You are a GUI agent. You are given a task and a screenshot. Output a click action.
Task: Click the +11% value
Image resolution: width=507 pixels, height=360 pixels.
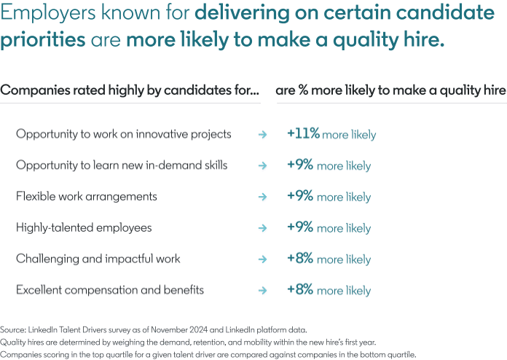pos(303,134)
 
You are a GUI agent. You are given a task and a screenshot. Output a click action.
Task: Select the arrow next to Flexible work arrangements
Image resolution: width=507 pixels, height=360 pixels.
pos(262,197)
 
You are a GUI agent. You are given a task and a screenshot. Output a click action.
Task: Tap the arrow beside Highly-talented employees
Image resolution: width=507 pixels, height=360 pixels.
pos(262,228)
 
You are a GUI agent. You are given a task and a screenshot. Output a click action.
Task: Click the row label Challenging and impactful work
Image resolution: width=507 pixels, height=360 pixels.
pos(98,259)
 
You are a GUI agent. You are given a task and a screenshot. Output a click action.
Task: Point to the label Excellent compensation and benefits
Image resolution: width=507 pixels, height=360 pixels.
pos(109,290)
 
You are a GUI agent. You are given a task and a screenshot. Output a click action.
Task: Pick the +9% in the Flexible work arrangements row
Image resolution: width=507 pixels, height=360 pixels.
pos(300,197)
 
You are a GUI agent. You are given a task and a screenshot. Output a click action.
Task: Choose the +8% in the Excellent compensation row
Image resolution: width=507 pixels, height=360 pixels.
pos(300,290)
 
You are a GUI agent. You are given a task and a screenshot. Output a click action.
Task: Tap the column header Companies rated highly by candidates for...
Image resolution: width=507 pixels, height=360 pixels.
pos(130,90)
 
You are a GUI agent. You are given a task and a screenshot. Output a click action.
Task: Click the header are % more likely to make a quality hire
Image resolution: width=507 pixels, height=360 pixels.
pos(390,90)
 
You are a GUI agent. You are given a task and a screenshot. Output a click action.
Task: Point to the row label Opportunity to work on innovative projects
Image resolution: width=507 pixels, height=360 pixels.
pos(123,134)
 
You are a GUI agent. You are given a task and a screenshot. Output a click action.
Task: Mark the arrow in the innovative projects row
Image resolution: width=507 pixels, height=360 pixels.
pos(262,134)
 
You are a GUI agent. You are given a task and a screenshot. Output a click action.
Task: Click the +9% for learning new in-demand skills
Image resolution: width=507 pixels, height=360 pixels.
pos(300,165)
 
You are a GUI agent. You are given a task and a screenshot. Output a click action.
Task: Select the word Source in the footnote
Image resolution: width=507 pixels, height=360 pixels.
pos(13,329)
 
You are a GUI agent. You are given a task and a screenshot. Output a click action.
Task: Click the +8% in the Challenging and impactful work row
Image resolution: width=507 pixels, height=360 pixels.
pos(300,259)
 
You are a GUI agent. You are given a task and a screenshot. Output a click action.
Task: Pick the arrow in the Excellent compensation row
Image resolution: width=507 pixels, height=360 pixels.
pos(262,290)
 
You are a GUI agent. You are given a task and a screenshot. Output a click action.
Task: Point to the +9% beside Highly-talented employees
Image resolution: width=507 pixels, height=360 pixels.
pos(300,228)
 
